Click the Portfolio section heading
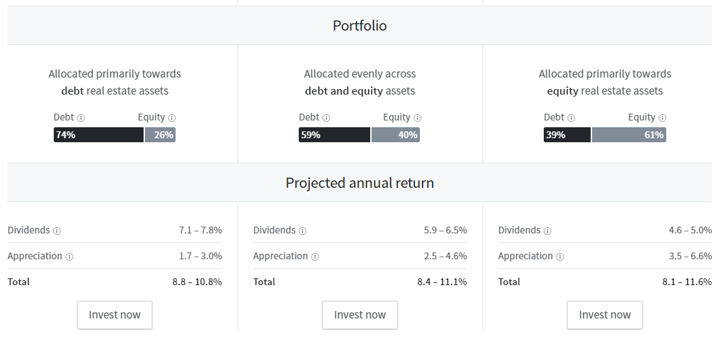359,26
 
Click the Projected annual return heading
359,183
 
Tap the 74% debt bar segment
99,135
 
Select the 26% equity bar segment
160,135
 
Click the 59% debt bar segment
334,135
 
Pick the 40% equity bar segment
395,135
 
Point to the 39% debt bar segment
567,135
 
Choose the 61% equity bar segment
629,135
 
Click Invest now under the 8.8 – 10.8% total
114,315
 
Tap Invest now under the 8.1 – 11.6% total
605,315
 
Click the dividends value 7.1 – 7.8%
200,230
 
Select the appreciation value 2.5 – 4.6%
446,256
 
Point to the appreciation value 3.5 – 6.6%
690,256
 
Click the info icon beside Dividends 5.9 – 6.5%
303,231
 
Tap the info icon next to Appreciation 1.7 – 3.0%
69,257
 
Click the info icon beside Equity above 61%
662,118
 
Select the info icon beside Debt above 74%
81,118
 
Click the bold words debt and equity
344,91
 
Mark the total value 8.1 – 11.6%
687,282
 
